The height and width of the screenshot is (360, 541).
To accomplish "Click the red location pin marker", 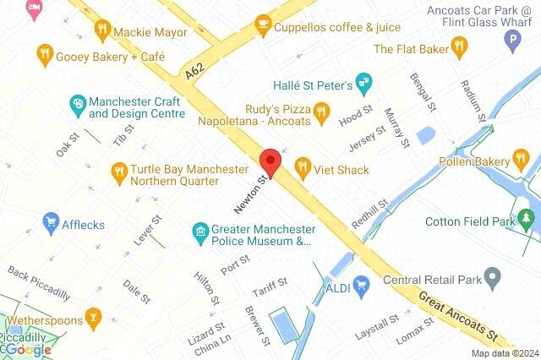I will tap(270, 161).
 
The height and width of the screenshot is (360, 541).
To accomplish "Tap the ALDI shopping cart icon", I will tap(363, 285).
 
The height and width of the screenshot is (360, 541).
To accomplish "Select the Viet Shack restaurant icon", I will tap(303, 170).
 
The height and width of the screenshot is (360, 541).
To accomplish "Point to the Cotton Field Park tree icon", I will tap(528, 221).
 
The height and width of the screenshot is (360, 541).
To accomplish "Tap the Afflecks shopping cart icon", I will tap(51, 223).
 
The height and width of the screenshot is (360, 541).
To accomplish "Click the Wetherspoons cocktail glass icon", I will tap(95, 320).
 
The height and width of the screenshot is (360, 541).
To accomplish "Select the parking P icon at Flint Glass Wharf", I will tap(511, 39).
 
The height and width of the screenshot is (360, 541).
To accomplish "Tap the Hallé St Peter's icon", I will tap(364, 83).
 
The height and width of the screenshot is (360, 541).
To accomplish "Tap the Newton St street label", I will tap(253, 191).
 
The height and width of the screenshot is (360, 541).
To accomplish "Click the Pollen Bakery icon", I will tap(522, 160).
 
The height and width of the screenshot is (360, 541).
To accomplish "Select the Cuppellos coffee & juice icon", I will tap(263, 25).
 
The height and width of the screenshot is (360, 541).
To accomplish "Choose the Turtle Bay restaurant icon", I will tap(118, 174).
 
